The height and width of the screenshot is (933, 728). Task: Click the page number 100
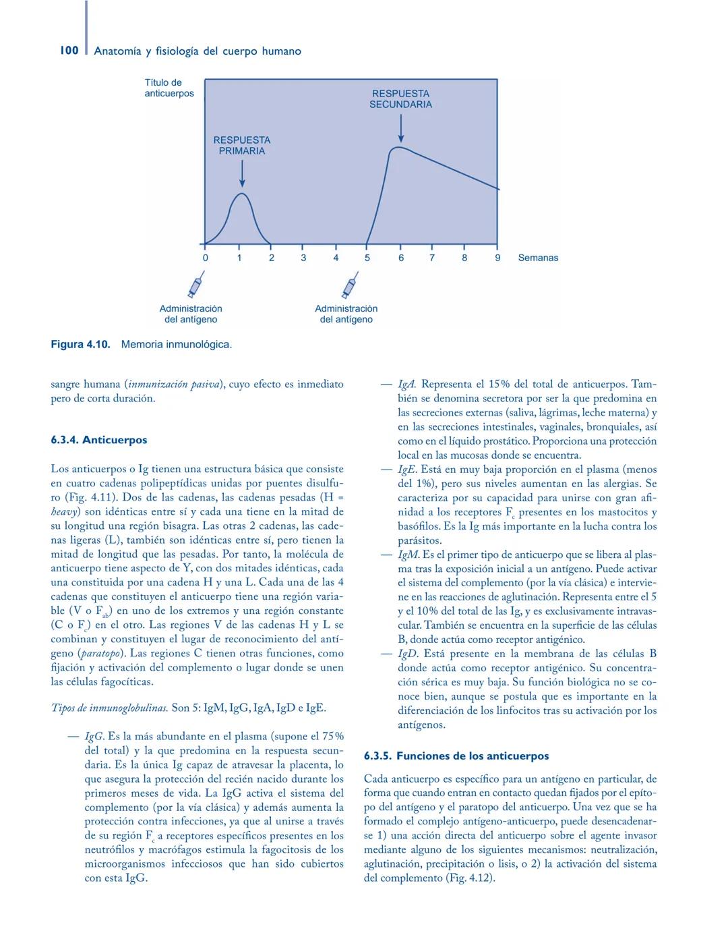(69, 51)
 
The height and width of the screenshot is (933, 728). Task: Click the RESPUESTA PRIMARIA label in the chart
(241, 145)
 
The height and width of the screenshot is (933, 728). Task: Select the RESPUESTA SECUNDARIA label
(400, 98)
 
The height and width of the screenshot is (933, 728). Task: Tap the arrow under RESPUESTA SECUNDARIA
(400, 128)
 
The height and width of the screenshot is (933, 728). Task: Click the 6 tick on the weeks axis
(400, 258)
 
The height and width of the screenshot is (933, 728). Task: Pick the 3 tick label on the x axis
(303, 258)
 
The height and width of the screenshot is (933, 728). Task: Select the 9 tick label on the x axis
(497, 258)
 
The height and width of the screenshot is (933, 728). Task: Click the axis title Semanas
(537, 258)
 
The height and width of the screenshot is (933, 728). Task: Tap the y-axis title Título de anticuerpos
(169, 88)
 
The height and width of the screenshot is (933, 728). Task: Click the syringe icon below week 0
(195, 285)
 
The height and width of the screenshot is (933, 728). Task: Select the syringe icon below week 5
(349, 285)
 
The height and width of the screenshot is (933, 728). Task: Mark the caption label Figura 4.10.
(80, 345)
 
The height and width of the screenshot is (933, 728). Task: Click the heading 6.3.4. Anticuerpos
(98, 440)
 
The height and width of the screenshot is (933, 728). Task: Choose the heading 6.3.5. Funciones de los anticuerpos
(456, 756)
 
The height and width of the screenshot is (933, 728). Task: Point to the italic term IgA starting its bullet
(406, 385)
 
